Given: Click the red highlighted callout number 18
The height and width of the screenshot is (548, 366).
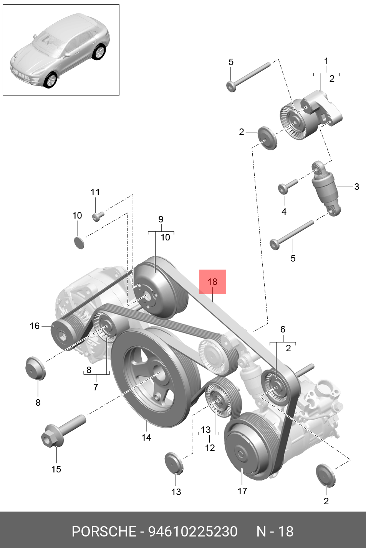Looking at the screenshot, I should [212, 282].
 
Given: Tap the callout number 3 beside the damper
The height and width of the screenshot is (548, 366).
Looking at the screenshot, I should [357, 187].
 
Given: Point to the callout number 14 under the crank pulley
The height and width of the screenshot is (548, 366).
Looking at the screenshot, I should [146, 438].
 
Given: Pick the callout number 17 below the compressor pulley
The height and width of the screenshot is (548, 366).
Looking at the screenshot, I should [242, 491].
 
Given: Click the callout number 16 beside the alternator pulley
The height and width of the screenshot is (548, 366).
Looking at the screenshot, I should [35, 326].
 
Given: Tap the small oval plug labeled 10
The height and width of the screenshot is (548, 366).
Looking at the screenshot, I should [78, 242].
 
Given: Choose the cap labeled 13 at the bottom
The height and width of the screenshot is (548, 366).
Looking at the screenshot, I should [174, 463].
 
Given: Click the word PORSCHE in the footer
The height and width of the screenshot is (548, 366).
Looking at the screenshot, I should [104, 532].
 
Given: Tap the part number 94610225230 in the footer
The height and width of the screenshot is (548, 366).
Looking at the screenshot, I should [193, 532].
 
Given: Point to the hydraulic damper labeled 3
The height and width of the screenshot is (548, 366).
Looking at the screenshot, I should [325, 187].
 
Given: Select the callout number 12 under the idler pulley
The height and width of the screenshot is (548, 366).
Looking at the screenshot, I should [210, 448].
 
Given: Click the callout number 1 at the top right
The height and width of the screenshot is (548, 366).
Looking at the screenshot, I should [326, 61].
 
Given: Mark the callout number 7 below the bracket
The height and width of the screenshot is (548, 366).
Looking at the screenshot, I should [96, 387].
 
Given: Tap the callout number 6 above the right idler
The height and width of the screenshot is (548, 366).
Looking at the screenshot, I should [283, 329].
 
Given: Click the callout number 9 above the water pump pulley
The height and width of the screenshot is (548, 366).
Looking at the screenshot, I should [161, 219].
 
